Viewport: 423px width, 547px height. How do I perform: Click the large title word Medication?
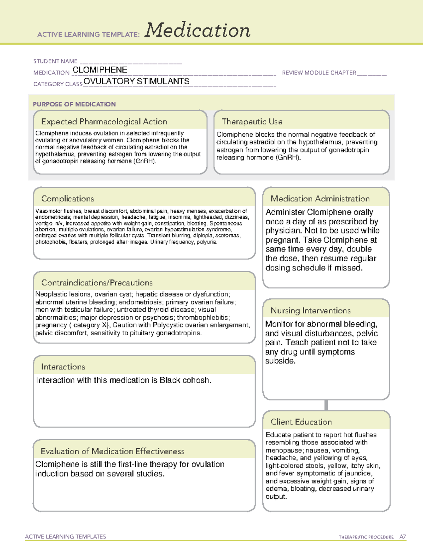click(197, 30)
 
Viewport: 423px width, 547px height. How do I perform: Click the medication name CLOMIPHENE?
click(100, 70)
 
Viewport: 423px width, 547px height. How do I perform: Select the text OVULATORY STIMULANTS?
click(136, 81)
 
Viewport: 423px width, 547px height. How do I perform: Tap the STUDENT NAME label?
click(55, 61)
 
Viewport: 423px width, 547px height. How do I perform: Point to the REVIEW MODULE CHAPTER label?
click(319, 73)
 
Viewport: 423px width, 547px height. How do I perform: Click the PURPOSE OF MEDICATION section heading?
click(74, 104)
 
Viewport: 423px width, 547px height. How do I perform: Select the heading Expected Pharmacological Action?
click(104, 122)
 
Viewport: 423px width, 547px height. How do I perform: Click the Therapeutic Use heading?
click(252, 122)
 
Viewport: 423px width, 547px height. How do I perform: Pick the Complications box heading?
click(67, 199)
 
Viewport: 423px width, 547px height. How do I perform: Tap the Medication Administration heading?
click(320, 199)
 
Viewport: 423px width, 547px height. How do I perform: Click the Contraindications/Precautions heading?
click(97, 282)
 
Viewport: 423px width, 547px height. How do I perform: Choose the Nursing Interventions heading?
click(311, 310)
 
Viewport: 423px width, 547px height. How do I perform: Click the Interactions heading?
click(63, 367)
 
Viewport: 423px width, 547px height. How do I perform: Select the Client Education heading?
click(301, 422)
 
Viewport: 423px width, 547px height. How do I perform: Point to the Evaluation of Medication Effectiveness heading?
click(112, 451)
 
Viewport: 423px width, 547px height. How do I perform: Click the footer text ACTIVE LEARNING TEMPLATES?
click(65, 536)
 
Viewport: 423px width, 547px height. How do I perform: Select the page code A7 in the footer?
click(402, 537)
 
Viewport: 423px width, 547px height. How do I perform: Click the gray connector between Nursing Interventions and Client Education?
click(326, 405)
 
